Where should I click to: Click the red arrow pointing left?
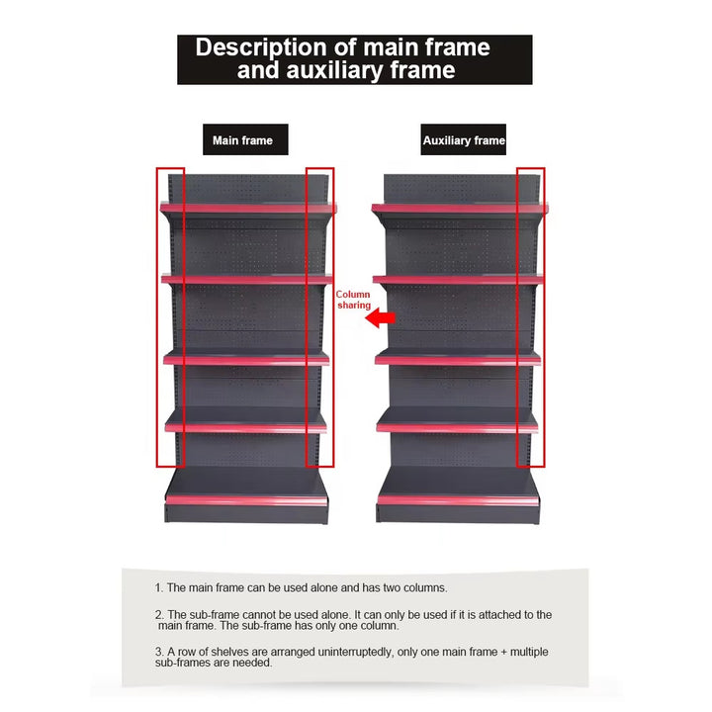click(x=380, y=317)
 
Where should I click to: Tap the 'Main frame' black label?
click(x=245, y=139)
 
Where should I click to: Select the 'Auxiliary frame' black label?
click(x=463, y=139)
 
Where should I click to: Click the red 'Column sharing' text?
click(x=353, y=300)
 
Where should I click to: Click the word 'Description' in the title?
click(x=261, y=48)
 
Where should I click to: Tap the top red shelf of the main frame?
click(x=248, y=209)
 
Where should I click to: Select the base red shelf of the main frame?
click(x=246, y=500)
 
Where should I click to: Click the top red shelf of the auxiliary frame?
click(x=460, y=209)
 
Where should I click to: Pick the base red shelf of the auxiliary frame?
click(x=458, y=500)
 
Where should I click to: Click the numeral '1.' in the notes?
click(x=159, y=588)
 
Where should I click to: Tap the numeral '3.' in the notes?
click(x=159, y=652)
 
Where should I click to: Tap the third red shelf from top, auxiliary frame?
click(x=458, y=361)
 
